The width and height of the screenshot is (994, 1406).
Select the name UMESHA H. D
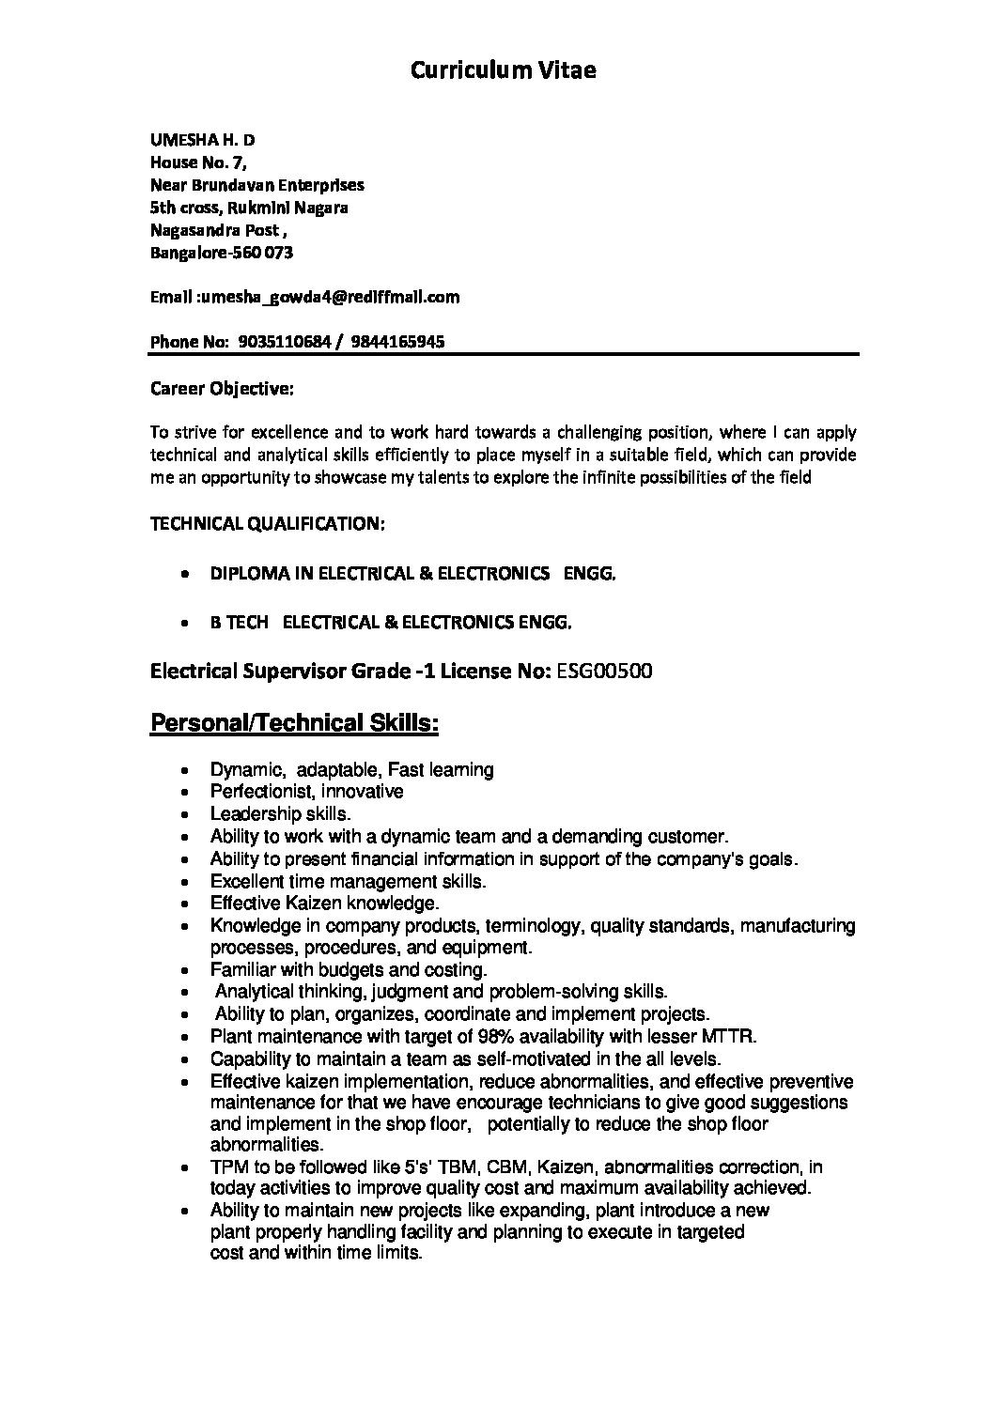tap(203, 140)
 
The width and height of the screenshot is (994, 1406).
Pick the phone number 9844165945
tap(397, 342)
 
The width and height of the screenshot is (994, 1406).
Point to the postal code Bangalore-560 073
tap(222, 253)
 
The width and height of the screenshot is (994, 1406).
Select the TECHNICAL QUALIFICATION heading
tap(268, 523)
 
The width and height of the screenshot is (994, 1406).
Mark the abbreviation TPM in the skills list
tap(228, 1167)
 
